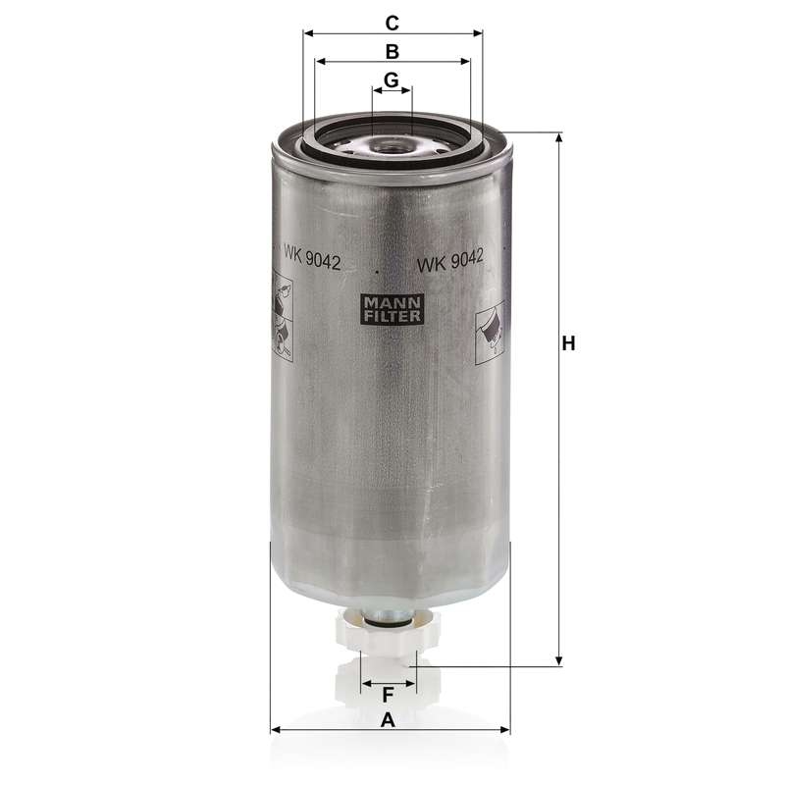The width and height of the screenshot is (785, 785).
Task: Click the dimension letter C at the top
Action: pos(392,23)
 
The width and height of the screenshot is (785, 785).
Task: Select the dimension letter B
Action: pos(392,52)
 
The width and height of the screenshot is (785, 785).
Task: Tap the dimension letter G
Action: pos(391,79)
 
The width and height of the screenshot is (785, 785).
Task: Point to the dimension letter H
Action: pos(568,344)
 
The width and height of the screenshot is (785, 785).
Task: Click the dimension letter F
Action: pos(388,696)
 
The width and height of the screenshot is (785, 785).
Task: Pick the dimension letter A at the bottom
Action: pos(388,721)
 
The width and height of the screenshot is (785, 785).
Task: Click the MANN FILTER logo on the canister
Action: pos(392,309)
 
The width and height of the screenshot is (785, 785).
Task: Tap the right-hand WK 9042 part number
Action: pos(450,261)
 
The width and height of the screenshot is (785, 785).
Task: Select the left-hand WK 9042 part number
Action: pos(312,257)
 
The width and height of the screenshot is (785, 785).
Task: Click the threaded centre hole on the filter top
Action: pos(390,146)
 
